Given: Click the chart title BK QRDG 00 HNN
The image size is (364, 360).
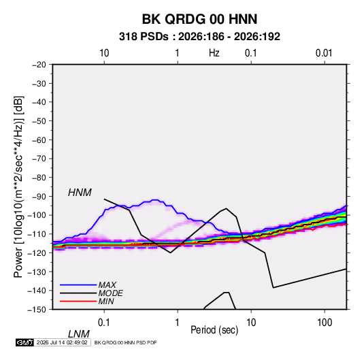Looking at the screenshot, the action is pyautogui.click(x=199, y=19).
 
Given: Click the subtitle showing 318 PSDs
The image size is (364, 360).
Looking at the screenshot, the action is pyautogui.click(x=199, y=37).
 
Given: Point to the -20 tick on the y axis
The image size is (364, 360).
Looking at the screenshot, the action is pyautogui.click(x=39, y=65).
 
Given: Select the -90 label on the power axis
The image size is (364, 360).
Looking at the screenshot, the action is pyautogui.click(x=39, y=197).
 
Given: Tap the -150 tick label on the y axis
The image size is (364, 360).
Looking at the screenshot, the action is pyautogui.click(x=37, y=310).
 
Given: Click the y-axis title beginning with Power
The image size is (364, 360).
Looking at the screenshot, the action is pyautogui.click(x=18, y=187).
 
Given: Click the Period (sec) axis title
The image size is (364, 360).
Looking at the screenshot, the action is pyautogui.click(x=214, y=330).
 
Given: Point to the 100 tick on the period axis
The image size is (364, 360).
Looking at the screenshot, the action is pyautogui.click(x=325, y=323).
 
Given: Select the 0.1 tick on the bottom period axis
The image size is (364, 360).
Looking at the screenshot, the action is pyautogui.click(x=103, y=323).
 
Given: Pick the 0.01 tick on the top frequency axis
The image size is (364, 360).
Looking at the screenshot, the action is pyautogui.click(x=324, y=53).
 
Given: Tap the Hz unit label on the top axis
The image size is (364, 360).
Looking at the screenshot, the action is pyautogui.click(x=214, y=53).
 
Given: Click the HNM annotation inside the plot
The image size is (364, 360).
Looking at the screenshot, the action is pyautogui.click(x=80, y=193).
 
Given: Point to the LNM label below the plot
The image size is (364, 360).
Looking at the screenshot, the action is pyautogui.click(x=79, y=334).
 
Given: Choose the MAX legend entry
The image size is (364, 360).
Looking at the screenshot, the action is pyautogui.click(x=107, y=284).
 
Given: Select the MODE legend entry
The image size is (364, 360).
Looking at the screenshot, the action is pyautogui.click(x=110, y=293).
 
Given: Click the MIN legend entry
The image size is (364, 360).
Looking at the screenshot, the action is pyautogui.click(x=106, y=301).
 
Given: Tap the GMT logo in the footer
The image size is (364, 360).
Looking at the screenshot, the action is pyautogui.click(x=24, y=342).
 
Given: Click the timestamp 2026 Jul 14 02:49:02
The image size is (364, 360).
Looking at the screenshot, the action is pyautogui.click(x=62, y=342).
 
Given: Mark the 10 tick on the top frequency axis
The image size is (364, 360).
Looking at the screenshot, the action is pyautogui.click(x=104, y=53).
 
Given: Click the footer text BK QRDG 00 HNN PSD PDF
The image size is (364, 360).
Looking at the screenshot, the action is pyautogui.click(x=126, y=342).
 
